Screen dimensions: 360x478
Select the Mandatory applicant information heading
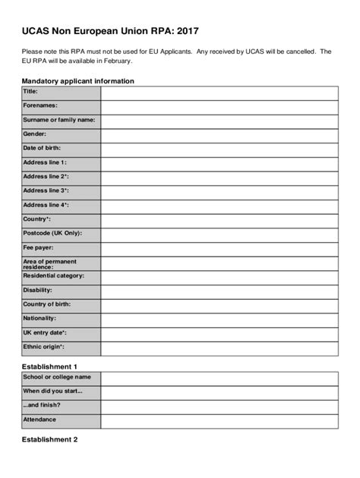tap(77, 80)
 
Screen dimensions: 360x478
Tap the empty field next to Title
tap(219, 93)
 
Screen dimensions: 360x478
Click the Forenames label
tap(40, 106)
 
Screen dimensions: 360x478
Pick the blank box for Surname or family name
tap(219, 121)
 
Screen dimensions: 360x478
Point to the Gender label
tap(35, 134)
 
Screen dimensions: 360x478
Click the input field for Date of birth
tap(219, 149)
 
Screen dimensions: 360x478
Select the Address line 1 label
tap(45, 162)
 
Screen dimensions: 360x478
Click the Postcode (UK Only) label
tap(52, 233)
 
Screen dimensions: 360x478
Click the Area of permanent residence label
tap(49, 263)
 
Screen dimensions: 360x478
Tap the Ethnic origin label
tap(43, 347)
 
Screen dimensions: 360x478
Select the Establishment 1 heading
tap(50, 366)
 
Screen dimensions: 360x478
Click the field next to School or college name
tap(219, 379)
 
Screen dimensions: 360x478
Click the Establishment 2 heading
tap(50, 439)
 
